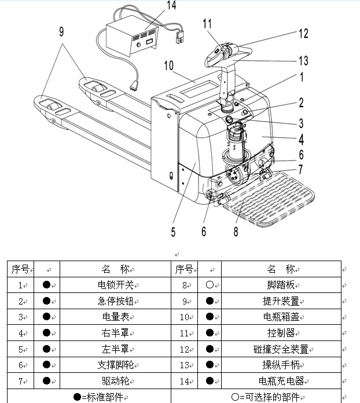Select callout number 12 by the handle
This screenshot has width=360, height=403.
[x=303, y=34]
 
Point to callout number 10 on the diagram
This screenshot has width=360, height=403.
[x=168, y=66]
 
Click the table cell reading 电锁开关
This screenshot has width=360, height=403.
[x=116, y=285]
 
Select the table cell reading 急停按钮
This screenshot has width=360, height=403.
[x=116, y=301]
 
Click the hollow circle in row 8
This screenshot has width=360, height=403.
[x=210, y=285]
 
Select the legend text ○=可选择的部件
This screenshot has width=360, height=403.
[x=266, y=397]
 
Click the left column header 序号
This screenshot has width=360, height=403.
[x=20, y=269]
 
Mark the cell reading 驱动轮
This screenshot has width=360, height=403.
[x=116, y=381]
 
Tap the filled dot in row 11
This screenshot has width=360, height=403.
[x=210, y=333]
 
